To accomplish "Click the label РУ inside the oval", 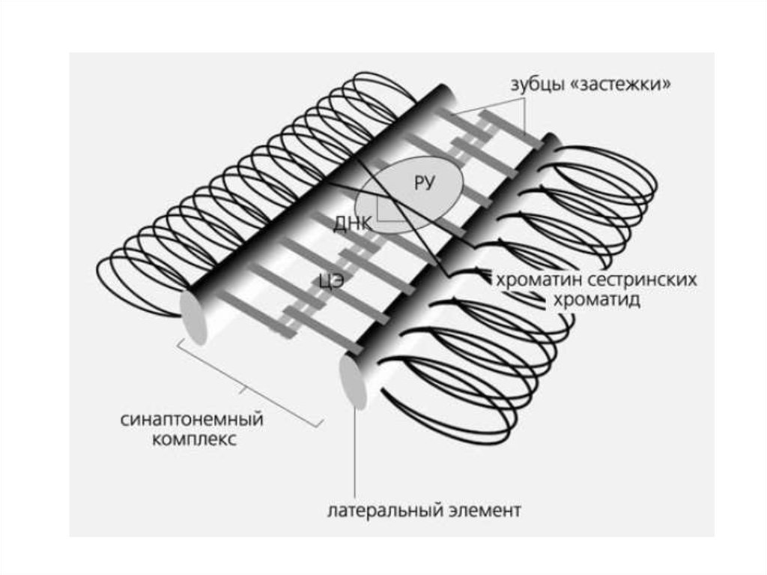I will click(424, 184).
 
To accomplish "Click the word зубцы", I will click(536, 84).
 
